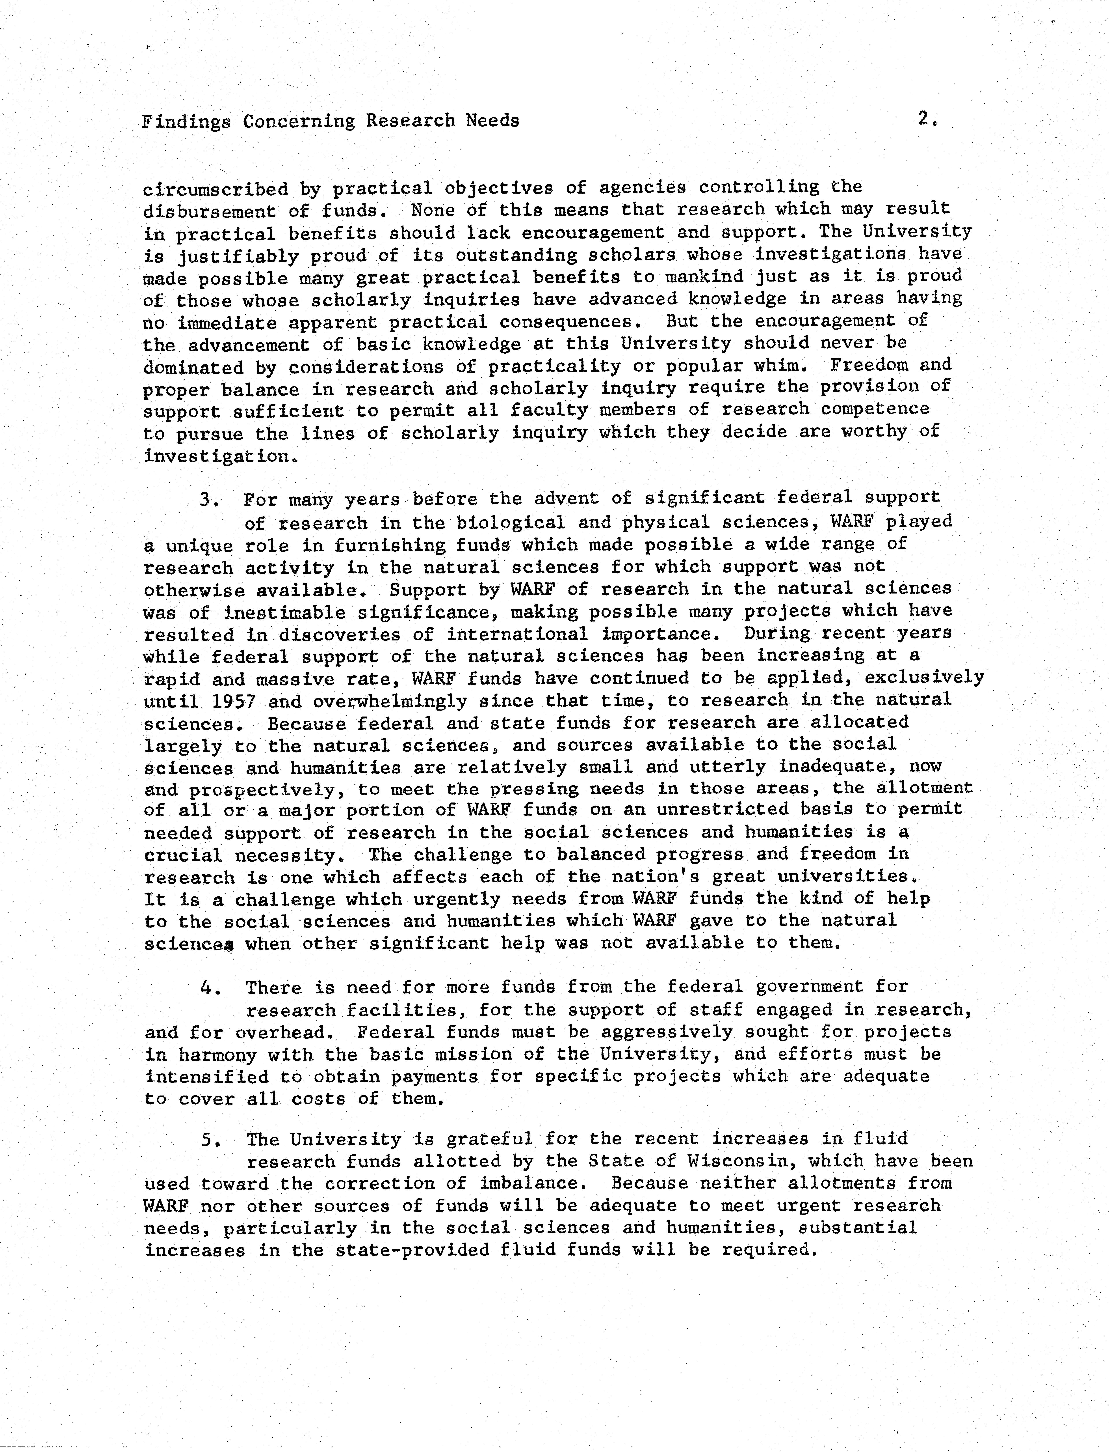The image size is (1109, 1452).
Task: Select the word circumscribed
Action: [x=215, y=190]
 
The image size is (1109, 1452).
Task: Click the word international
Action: [x=517, y=635]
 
